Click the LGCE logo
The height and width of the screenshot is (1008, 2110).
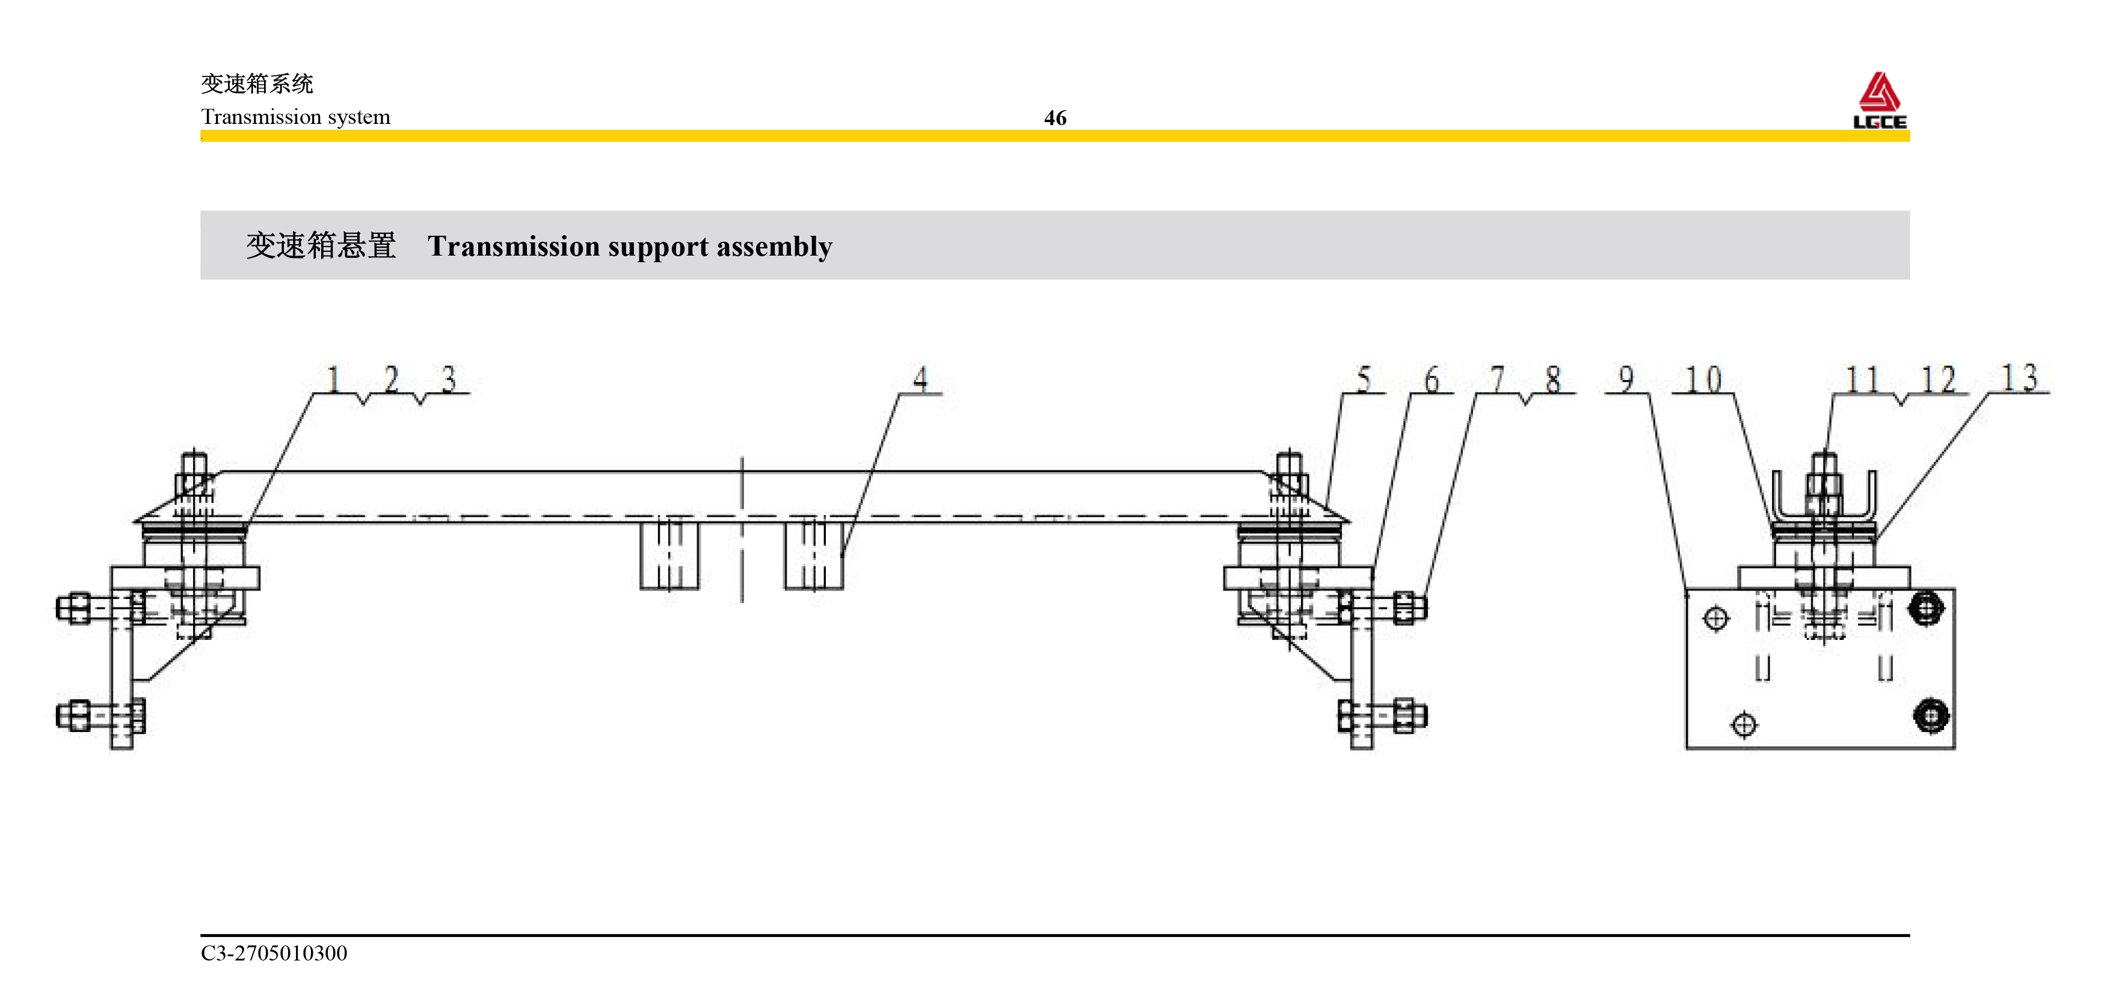point(1879,100)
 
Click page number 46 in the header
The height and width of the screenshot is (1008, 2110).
point(1055,118)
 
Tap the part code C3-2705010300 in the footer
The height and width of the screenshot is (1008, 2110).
point(274,953)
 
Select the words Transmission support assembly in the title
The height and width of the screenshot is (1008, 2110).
point(629,247)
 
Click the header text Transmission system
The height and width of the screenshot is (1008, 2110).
point(296,117)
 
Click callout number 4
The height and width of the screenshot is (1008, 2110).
point(921,379)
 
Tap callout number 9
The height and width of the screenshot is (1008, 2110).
point(1626,379)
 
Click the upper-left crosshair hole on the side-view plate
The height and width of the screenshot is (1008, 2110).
point(1716,618)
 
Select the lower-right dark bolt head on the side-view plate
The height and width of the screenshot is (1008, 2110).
point(1931,716)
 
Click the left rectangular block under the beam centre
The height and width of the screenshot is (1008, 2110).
point(669,555)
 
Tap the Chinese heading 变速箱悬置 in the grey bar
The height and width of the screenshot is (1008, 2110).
point(321,245)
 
